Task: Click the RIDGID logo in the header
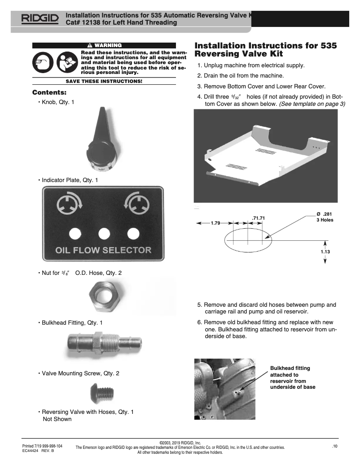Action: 39,19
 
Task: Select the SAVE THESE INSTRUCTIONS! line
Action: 104,81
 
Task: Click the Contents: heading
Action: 49,93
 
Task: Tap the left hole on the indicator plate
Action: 75,233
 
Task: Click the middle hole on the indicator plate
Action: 104,233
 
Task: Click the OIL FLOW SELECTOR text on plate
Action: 103,250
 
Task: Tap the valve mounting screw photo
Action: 104,392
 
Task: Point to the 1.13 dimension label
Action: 325,252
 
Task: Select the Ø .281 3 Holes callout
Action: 325,217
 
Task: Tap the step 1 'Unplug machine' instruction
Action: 251,65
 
